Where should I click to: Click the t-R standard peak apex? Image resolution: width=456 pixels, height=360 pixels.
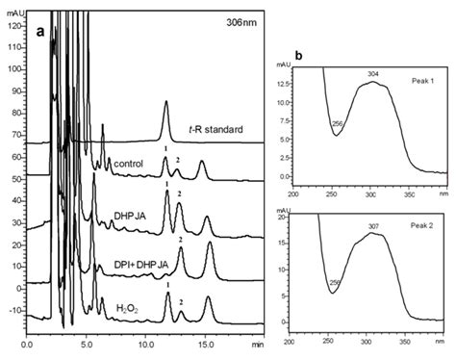[166, 101]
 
